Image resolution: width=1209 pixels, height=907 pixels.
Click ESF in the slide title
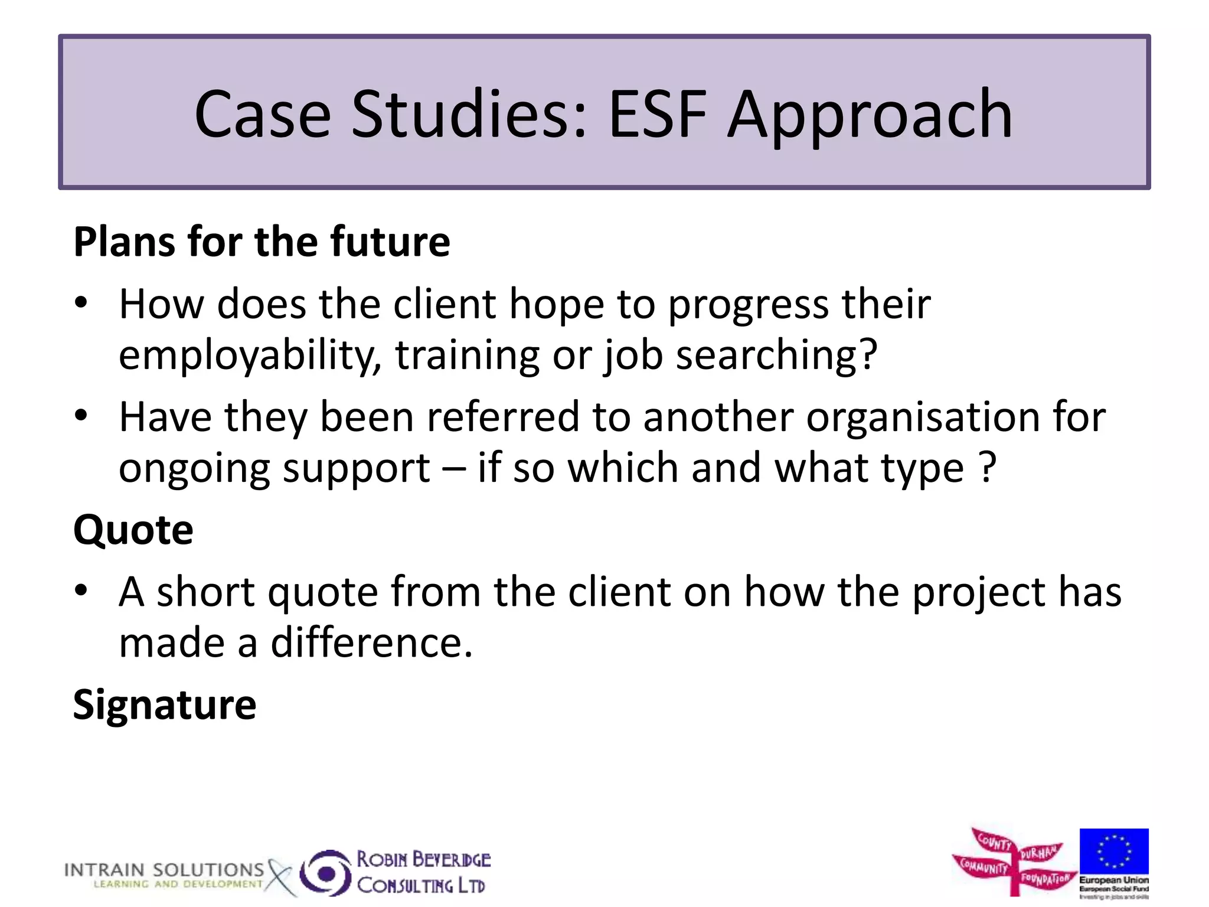click(x=657, y=115)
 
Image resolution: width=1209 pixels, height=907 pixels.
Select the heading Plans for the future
click(x=262, y=242)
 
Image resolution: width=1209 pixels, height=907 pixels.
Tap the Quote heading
click(x=133, y=530)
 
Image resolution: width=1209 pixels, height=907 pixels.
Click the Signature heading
click(x=165, y=704)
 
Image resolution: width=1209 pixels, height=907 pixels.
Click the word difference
click(x=371, y=643)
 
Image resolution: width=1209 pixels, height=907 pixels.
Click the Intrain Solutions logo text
click(x=164, y=870)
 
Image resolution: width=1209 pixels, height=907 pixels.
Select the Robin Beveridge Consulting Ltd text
click(x=423, y=872)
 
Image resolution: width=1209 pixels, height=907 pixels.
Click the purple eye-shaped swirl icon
click(x=325, y=873)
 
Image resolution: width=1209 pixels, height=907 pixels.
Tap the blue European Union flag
click(x=1113, y=851)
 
